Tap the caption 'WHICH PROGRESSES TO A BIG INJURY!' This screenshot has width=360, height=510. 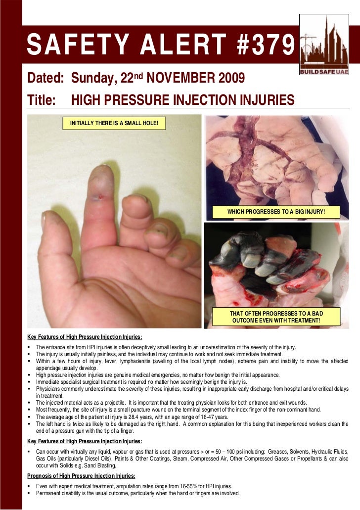pyautogui.click(x=276, y=212)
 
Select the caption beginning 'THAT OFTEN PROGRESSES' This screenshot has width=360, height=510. pyautogui.click(x=276, y=318)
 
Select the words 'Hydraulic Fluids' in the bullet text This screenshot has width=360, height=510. pyautogui.click(x=329, y=452)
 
